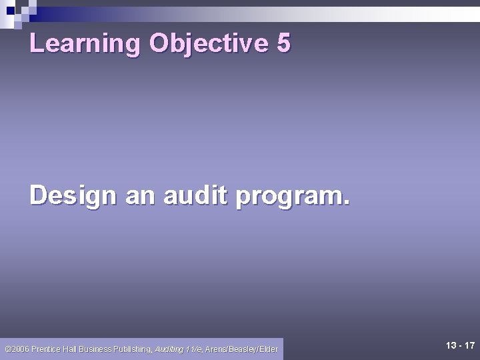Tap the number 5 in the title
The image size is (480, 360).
tap(283, 43)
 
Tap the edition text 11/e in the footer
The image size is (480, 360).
tap(194, 349)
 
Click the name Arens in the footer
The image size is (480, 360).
tap(216, 349)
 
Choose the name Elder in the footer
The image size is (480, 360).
tap(269, 349)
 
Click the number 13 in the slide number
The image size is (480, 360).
tap(451, 345)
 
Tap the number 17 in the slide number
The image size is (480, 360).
tap(469, 345)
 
